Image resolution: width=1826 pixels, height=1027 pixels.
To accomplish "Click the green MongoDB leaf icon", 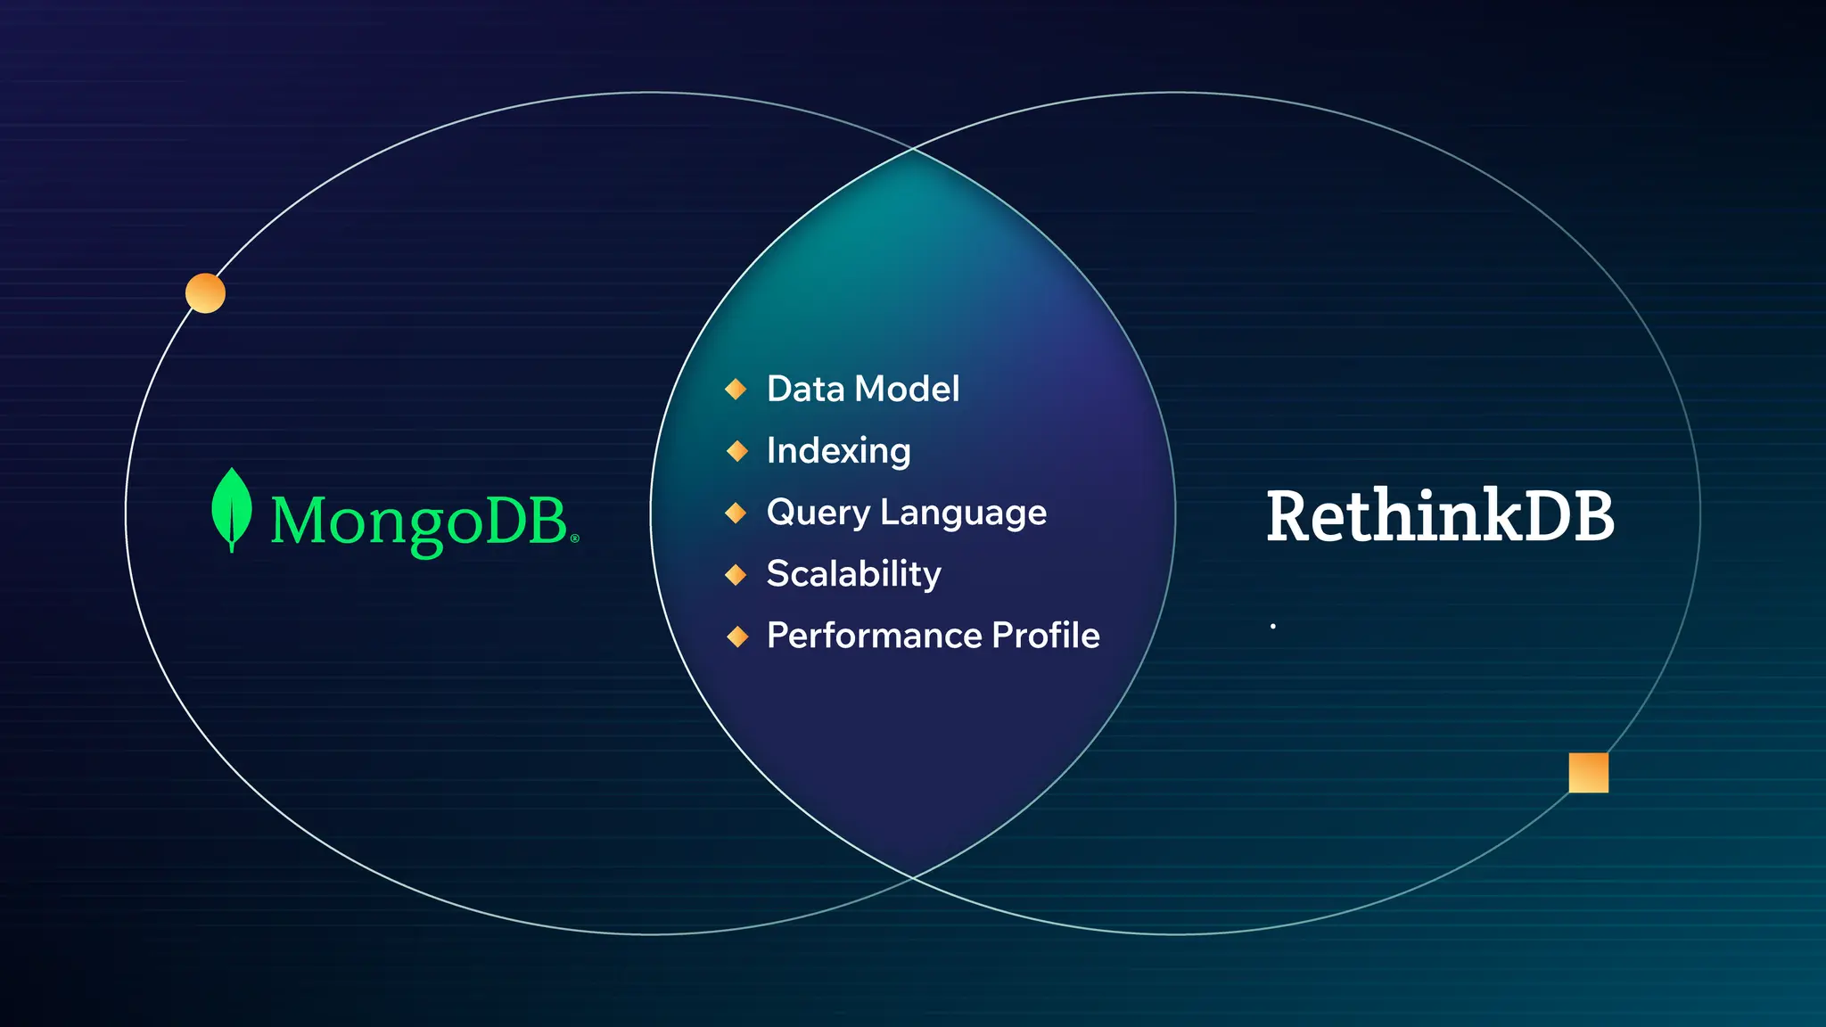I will pyautogui.click(x=231, y=508).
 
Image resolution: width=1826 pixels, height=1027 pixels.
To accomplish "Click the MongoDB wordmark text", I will pyautogui.click(x=419, y=521).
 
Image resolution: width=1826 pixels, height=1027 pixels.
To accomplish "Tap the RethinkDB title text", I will pyautogui.click(x=1440, y=516).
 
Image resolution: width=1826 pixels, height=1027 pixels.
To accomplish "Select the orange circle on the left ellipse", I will pyautogui.click(x=205, y=293).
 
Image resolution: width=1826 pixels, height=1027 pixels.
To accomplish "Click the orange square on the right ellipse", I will pyautogui.click(x=1588, y=772).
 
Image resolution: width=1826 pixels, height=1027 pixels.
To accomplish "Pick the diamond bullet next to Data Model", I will pyautogui.click(x=736, y=389).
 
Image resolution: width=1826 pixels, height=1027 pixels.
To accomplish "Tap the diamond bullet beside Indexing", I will pyautogui.click(x=736, y=450).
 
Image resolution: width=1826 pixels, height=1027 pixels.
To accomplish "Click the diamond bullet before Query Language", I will pyautogui.click(x=736, y=513).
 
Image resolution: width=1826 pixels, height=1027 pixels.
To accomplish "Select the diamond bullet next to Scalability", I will pyautogui.click(x=736, y=574).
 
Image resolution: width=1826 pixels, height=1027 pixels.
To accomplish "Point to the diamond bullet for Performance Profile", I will pyautogui.click(x=736, y=636).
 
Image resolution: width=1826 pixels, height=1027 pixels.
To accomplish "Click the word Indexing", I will pyautogui.click(x=838, y=450).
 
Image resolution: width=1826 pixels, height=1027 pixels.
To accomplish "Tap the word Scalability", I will pyautogui.click(x=853, y=573).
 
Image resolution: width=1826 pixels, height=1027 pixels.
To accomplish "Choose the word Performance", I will pyautogui.click(x=874, y=636).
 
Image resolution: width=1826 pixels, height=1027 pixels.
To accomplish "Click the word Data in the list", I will pyautogui.click(x=805, y=389).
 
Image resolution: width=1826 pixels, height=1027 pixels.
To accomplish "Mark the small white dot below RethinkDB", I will pyautogui.click(x=1272, y=626).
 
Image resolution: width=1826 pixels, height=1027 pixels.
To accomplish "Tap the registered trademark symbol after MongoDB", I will pyautogui.click(x=574, y=538).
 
